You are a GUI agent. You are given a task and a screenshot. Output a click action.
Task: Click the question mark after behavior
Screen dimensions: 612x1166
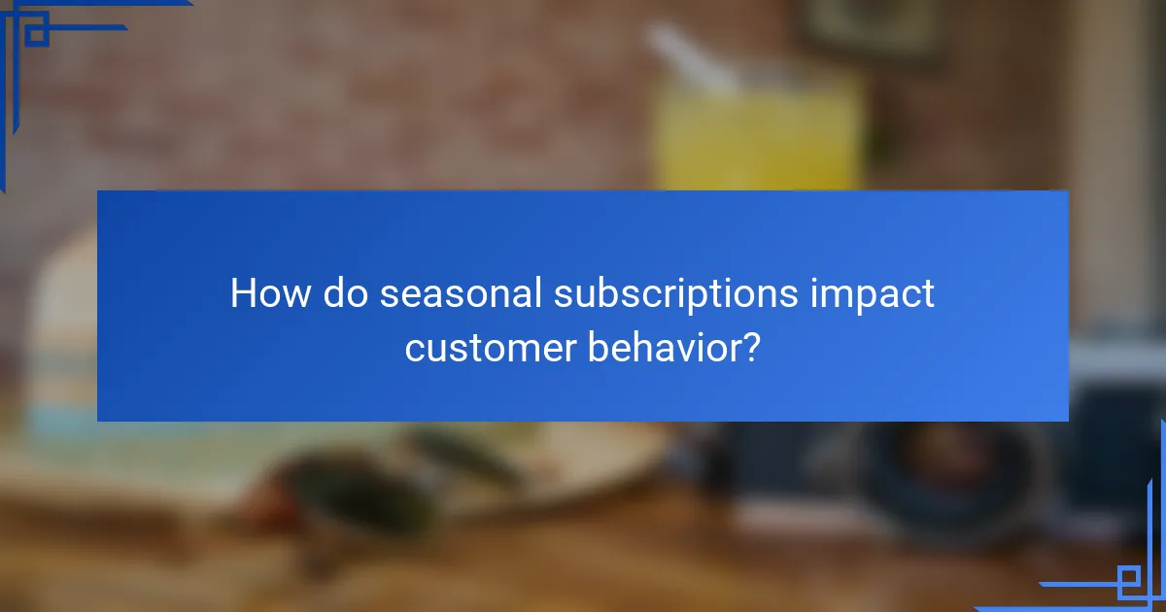point(750,347)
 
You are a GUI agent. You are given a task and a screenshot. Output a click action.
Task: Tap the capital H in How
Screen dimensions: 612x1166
point(242,293)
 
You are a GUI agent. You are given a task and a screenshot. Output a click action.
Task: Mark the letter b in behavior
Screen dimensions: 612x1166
point(597,347)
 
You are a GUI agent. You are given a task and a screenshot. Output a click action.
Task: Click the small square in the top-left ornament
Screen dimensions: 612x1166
point(36,35)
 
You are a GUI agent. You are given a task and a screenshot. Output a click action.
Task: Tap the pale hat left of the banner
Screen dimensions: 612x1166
point(58,330)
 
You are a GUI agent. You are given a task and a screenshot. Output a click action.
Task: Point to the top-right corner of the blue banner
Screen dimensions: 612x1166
point(1067,192)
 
